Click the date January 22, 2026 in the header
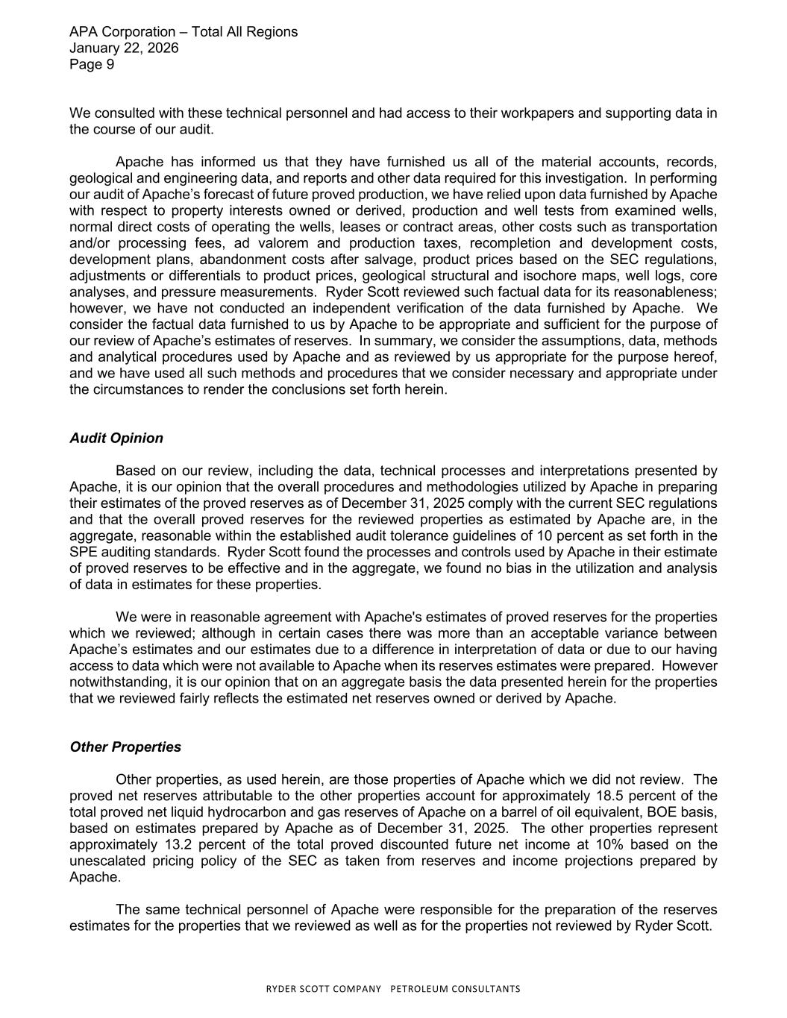(x=124, y=48)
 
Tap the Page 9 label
(x=92, y=64)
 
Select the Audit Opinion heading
(x=116, y=438)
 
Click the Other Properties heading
(x=125, y=747)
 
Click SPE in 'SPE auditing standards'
(x=83, y=552)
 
